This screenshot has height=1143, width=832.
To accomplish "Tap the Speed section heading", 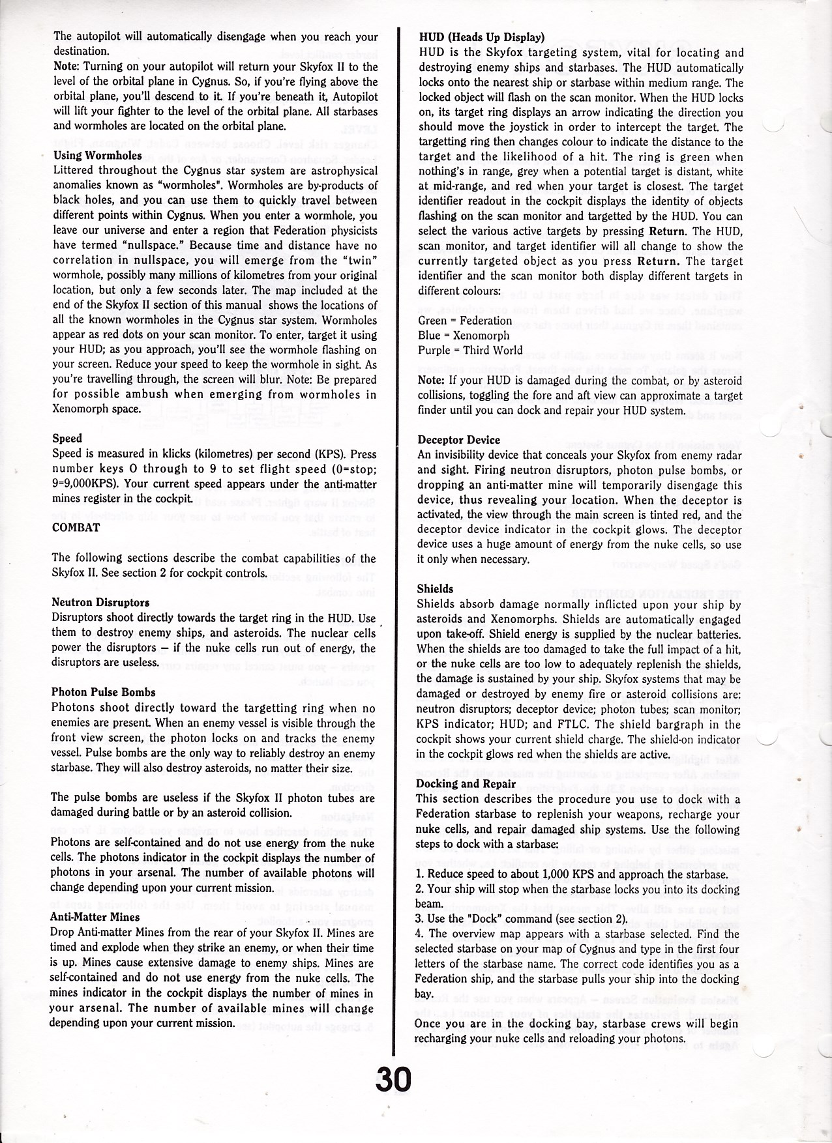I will pos(67,439).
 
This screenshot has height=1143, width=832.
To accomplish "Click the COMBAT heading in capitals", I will pos(76,528).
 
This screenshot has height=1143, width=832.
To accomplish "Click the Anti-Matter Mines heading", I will pos(95,917).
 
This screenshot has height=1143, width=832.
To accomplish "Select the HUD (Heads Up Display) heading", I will pos(482,37).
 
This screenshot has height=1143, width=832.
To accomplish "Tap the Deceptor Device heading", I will pos(459,440).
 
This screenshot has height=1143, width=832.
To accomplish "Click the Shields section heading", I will pos(435,589).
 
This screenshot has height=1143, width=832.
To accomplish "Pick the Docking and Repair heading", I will pos(466,784).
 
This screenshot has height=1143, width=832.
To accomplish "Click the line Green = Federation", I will pos(465,321).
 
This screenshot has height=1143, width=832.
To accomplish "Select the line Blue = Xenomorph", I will pos(464,336).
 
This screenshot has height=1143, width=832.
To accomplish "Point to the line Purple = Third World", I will pos(470,351).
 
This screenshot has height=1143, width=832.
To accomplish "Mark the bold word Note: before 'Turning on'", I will pos(66,67).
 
